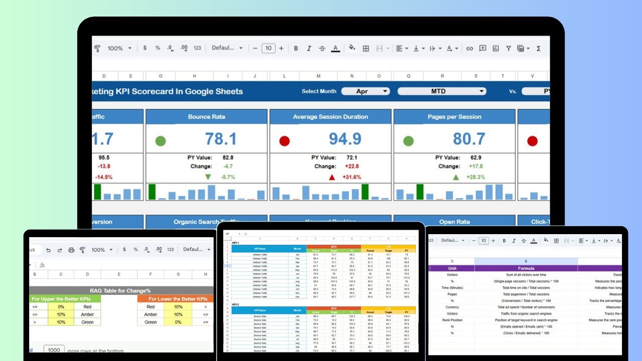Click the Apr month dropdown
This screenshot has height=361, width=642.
(x=366, y=91)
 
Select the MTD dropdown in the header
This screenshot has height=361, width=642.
(x=442, y=91)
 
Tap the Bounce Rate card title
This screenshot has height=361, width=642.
(x=207, y=117)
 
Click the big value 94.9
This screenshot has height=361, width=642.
(x=345, y=139)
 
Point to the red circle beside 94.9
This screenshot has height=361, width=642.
(x=284, y=141)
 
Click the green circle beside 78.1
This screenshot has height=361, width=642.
(x=160, y=141)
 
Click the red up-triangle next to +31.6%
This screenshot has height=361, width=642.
(x=332, y=177)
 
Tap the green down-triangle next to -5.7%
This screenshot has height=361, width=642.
(x=208, y=177)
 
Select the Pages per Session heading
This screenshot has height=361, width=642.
(x=454, y=117)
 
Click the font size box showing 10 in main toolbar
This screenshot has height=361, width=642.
(x=268, y=48)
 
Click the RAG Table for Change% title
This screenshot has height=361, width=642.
(x=120, y=290)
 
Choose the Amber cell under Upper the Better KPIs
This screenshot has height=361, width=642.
(x=87, y=314)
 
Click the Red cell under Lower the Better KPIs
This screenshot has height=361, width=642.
(x=150, y=306)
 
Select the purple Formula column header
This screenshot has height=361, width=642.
(x=526, y=268)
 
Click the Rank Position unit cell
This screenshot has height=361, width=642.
(x=452, y=320)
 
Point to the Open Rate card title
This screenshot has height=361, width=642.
(x=454, y=222)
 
